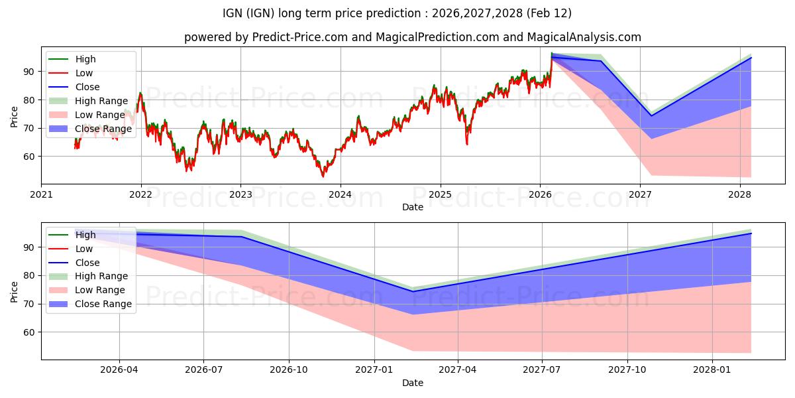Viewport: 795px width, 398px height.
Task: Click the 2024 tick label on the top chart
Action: (341, 194)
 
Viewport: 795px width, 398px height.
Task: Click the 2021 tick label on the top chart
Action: (42, 194)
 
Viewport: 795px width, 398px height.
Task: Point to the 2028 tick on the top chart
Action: (740, 194)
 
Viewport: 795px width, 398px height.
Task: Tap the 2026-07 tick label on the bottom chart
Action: (203, 370)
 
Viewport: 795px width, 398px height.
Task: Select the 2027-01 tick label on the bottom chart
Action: (375, 370)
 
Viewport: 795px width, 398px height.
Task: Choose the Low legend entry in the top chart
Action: (84, 73)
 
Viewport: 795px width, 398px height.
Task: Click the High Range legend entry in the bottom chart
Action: (101, 276)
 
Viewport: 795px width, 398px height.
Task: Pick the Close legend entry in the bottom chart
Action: (87, 263)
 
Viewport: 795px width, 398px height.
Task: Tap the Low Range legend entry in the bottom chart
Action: (101, 290)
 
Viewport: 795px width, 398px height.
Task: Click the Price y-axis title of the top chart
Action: (15, 117)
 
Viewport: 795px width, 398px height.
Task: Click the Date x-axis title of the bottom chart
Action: (413, 383)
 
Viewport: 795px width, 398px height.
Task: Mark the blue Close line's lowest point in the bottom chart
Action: (413, 291)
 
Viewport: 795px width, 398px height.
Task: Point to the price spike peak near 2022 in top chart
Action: (140, 93)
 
